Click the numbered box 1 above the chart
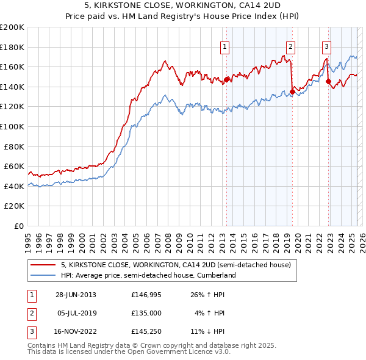click(225, 46)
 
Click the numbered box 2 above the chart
click(290, 46)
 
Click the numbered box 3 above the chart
click(326, 46)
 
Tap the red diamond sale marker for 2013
click(227, 79)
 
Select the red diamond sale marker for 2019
click(292, 92)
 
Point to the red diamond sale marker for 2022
click(328, 81)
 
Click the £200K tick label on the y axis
click(12, 27)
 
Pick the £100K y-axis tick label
click(12, 126)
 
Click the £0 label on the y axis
click(20, 226)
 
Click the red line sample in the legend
click(43, 265)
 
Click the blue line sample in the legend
click(43, 275)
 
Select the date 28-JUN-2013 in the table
click(76, 295)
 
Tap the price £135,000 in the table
click(146, 313)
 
